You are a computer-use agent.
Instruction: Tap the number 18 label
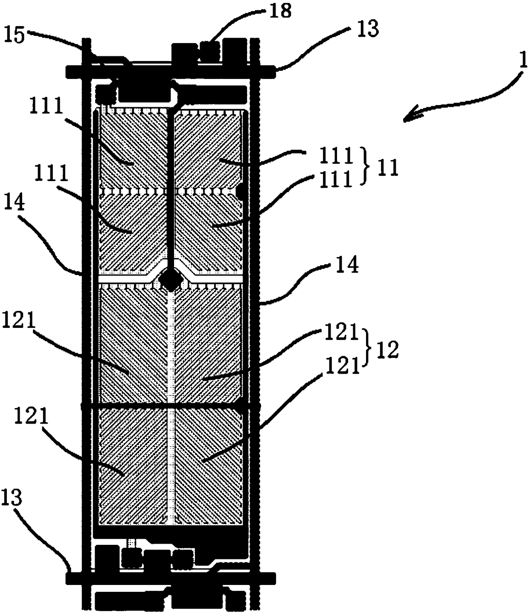(x=280, y=10)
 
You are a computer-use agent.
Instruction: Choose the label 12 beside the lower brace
(x=387, y=350)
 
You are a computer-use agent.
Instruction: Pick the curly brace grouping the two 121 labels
(x=366, y=349)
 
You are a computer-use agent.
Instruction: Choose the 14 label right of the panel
(x=348, y=266)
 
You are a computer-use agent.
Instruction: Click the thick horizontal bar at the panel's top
(x=171, y=70)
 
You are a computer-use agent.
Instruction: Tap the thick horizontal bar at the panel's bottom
(x=171, y=578)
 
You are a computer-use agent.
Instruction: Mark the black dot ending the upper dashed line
(x=241, y=191)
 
